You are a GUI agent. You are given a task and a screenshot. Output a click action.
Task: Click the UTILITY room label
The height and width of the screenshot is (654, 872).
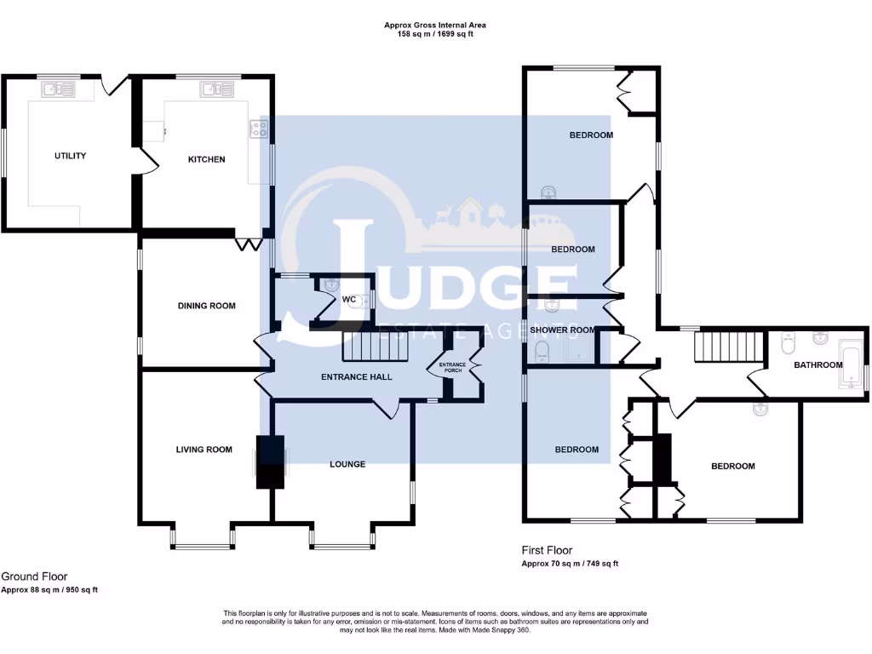click(70, 156)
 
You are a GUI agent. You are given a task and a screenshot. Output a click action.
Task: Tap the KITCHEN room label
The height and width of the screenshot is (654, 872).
click(206, 159)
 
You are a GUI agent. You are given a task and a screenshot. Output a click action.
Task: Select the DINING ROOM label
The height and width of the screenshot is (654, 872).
click(206, 306)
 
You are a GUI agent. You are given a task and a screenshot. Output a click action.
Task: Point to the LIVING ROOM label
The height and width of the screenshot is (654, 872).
click(204, 450)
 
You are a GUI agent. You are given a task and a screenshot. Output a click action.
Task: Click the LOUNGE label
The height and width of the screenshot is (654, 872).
click(347, 464)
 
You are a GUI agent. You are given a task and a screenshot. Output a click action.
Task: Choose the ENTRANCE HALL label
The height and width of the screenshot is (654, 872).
click(356, 376)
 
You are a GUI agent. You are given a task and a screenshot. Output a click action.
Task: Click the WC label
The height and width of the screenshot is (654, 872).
click(348, 300)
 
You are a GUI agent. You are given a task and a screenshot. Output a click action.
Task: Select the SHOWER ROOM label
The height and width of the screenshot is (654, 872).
click(562, 330)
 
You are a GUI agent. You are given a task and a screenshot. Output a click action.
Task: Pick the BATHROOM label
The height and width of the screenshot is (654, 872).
click(817, 365)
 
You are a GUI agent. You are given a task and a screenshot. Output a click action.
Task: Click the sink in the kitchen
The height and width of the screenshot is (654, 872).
click(212, 89)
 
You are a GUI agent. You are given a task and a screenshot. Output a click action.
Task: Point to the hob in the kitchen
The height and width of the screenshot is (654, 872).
click(258, 129)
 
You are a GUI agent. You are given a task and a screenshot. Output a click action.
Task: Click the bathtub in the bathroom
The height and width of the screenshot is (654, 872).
click(851, 365)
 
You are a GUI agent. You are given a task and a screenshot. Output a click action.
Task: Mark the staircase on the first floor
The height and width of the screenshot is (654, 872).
click(727, 347)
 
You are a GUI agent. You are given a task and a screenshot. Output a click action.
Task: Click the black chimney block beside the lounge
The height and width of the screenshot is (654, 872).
click(271, 462)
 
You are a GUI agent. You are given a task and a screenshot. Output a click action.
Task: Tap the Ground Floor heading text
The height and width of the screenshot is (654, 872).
click(34, 577)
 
